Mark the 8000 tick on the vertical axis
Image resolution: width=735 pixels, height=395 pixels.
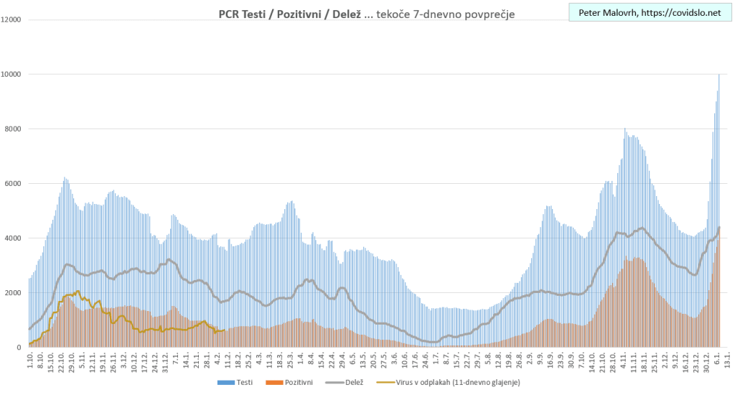(x=14, y=129)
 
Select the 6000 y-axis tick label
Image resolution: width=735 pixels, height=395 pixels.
(x=14, y=184)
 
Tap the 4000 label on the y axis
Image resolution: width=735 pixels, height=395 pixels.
(x=14, y=238)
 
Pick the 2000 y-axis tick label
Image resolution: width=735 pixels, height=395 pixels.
(x=14, y=293)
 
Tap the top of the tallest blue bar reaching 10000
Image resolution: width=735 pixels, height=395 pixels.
(x=719, y=75)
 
